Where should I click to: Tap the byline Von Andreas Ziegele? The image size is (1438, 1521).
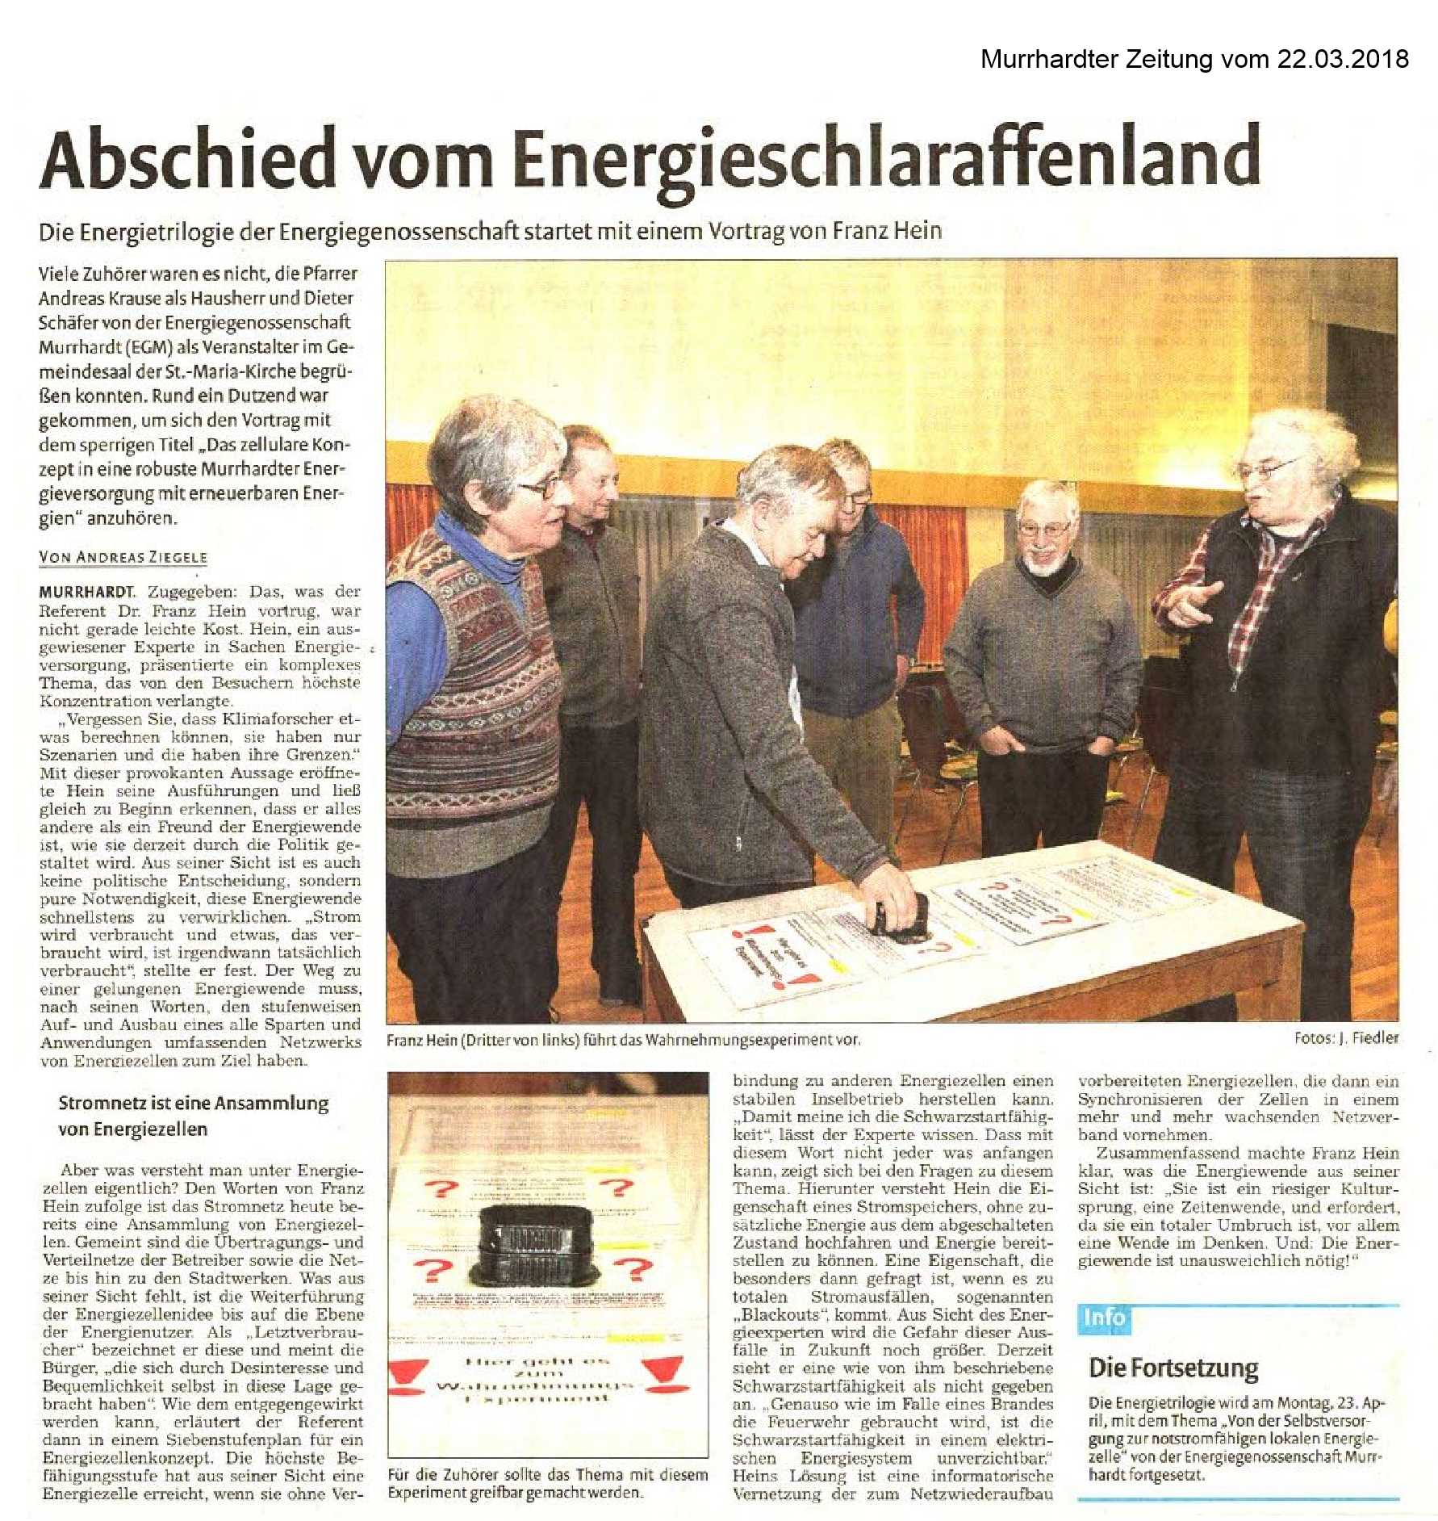coord(123,557)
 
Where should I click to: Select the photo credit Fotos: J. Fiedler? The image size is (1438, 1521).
coord(1346,1038)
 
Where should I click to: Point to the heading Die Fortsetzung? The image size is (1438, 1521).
coord(1173,1368)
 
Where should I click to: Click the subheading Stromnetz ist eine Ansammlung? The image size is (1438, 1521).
coord(193,1104)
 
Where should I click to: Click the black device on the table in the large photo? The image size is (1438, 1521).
coord(901,917)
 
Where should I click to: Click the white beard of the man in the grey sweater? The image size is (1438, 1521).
coord(1045,564)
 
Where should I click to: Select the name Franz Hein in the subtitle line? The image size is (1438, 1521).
coord(887,231)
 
